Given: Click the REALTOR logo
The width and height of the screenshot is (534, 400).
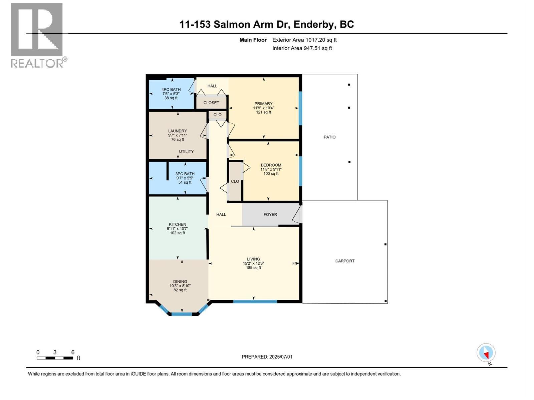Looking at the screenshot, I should point(37,35).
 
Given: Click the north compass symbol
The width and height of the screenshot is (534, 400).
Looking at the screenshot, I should point(486,353).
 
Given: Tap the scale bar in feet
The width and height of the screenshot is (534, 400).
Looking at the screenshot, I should point(55,358).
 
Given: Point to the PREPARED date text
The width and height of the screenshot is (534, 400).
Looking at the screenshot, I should point(267,357).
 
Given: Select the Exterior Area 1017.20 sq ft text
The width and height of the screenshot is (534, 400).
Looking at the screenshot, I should point(304,40).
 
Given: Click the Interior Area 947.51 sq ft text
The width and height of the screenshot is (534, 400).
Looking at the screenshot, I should point(302,48).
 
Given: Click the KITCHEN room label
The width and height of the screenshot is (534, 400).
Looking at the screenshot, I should point(177,224).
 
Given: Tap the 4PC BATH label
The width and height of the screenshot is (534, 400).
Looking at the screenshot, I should point(171,89).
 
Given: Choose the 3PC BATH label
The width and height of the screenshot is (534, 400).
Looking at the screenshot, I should point(185,174).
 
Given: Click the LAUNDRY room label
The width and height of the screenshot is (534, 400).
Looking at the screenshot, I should point(177,131).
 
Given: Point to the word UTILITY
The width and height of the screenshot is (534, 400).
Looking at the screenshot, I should point(186,151).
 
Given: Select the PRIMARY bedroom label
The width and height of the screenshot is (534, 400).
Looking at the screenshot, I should point(263,104).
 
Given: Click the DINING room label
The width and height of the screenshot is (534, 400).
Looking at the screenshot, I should point(180,282).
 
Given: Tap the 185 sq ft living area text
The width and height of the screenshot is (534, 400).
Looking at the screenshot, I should point(253,268).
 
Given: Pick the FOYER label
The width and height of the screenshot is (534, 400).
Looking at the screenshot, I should point(270,215).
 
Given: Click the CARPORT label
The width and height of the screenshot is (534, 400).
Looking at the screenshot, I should point(345,261).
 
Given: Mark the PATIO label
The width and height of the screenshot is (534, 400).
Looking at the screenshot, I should point(329,137).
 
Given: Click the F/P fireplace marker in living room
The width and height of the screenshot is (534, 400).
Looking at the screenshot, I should point(295,263).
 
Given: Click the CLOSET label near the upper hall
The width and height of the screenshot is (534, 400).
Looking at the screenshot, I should point(211,103).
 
